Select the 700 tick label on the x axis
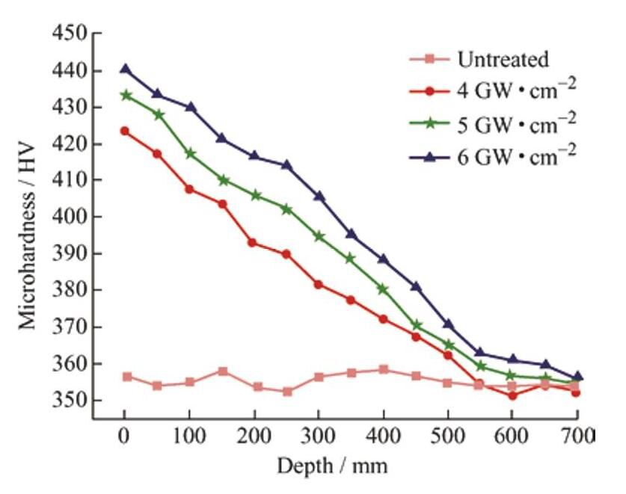click(x=577, y=436)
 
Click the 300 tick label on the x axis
click(x=319, y=436)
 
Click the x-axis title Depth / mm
click(x=332, y=466)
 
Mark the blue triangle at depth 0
click(x=125, y=69)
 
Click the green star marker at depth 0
click(x=125, y=95)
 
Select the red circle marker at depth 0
click(x=125, y=131)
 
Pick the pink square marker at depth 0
click(x=126, y=377)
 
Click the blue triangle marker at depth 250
click(x=286, y=164)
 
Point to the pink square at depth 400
click(x=384, y=369)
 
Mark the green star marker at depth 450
click(x=416, y=325)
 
